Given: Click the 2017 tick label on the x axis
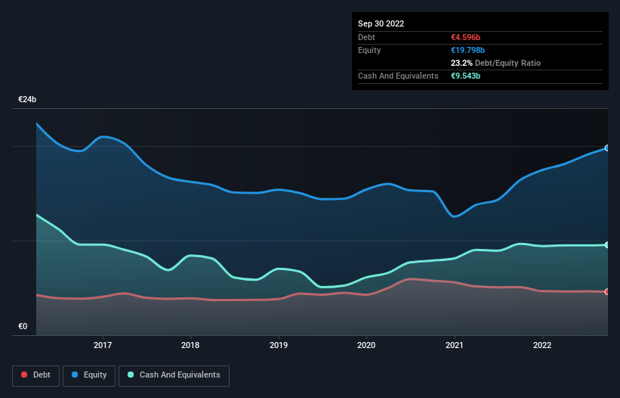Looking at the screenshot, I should coord(103,346).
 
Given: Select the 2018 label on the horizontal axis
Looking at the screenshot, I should coord(191,346).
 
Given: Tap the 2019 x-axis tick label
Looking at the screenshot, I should coord(279,346).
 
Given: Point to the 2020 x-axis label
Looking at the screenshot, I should coord(366,346).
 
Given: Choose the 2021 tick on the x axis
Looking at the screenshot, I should coord(455,346).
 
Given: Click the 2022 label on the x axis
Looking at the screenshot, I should coord(542,346).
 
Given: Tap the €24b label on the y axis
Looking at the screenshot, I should coord(28,100).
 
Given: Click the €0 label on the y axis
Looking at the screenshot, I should coord(23,326).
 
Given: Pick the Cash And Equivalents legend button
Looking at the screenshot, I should coord(174,375).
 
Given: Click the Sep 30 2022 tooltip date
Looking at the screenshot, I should coord(381,23).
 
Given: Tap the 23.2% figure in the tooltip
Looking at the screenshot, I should coord(461,63).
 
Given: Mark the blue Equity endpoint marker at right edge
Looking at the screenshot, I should coord(607,148).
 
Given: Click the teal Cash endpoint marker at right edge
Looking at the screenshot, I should coord(607,245).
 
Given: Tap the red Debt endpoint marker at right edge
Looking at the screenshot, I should coord(607,291).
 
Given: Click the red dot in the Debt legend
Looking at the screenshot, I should coord(25,375).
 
